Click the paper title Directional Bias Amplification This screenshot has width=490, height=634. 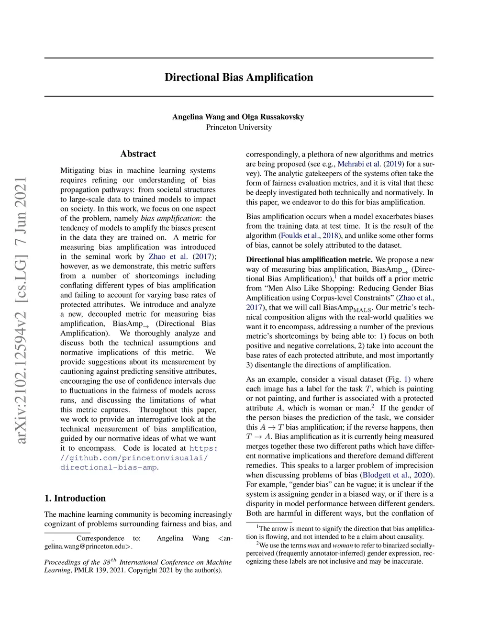click(x=239, y=78)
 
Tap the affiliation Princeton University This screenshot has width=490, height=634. click(x=239, y=127)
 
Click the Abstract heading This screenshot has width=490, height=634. click(x=138, y=154)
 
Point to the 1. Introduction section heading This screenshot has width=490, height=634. click(x=75, y=498)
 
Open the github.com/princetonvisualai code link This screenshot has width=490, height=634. click(x=134, y=458)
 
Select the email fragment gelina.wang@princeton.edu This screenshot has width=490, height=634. click(x=87, y=546)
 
